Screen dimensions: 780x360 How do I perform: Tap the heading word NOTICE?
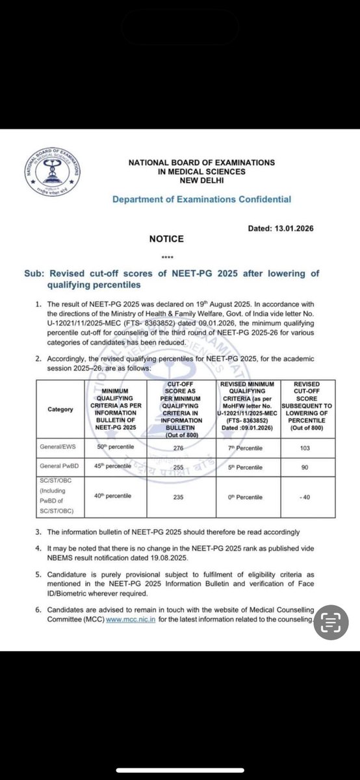[166, 239]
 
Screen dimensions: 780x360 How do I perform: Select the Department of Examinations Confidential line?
[201, 200]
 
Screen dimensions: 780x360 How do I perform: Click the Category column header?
[60, 409]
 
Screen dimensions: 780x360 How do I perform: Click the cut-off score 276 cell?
[190, 448]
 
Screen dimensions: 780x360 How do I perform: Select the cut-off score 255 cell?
[190, 467]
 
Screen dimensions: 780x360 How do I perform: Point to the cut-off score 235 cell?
[190, 497]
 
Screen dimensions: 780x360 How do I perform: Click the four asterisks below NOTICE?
[166, 256]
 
